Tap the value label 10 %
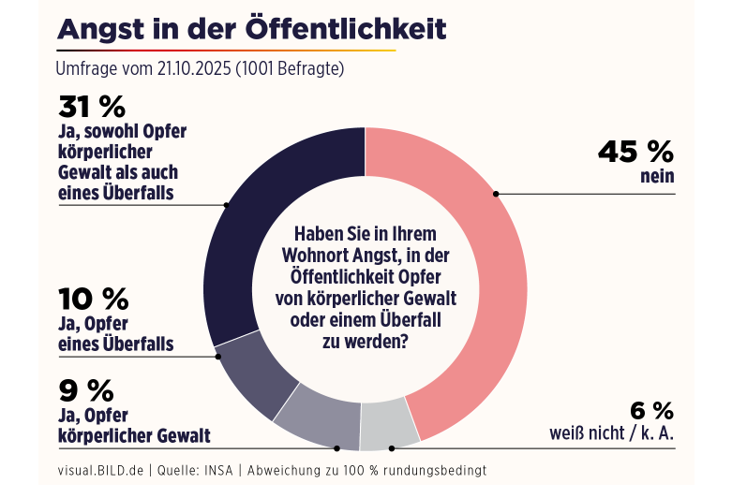(x=93, y=299)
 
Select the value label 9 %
(x=85, y=388)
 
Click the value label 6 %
(x=651, y=410)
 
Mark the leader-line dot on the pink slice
(x=496, y=194)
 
